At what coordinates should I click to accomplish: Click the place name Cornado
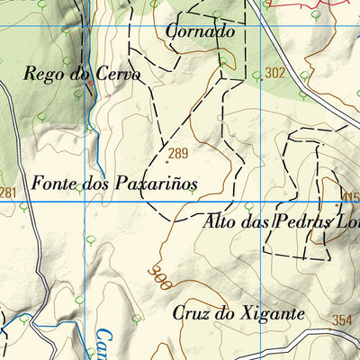click(x=201, y=32)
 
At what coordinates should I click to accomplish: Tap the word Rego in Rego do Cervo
click(x=43, y=75)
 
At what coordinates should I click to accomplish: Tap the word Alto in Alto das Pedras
click(x=222, y=220)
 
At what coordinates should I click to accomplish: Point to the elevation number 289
click(x=177, y=153)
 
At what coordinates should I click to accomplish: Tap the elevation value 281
click(x=8, y=193)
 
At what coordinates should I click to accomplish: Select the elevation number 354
click(x=342, y=320)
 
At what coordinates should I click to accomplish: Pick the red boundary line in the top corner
click(x=306, y=5)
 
